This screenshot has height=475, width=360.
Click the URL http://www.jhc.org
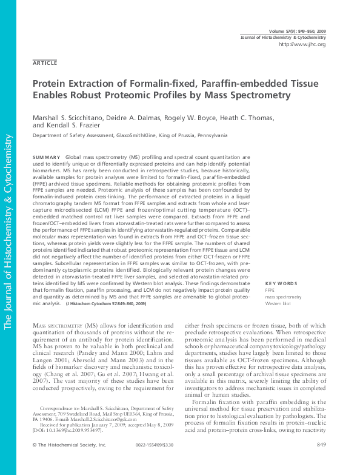302,45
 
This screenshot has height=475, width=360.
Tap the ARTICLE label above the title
45,63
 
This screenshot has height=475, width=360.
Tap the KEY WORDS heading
281,284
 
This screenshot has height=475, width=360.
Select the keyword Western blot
278,303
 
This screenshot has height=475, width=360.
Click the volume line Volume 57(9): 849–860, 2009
296,30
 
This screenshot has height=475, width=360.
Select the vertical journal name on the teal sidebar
8,231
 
